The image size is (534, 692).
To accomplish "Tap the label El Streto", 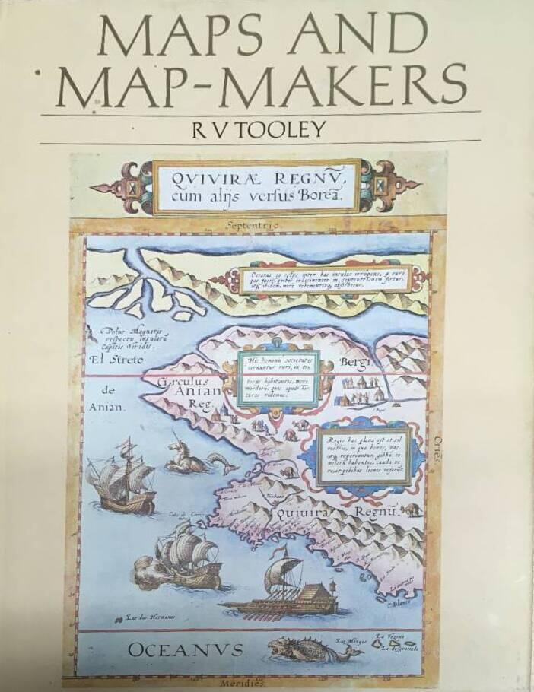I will (121, 357).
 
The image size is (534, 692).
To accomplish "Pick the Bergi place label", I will (354, 360).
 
